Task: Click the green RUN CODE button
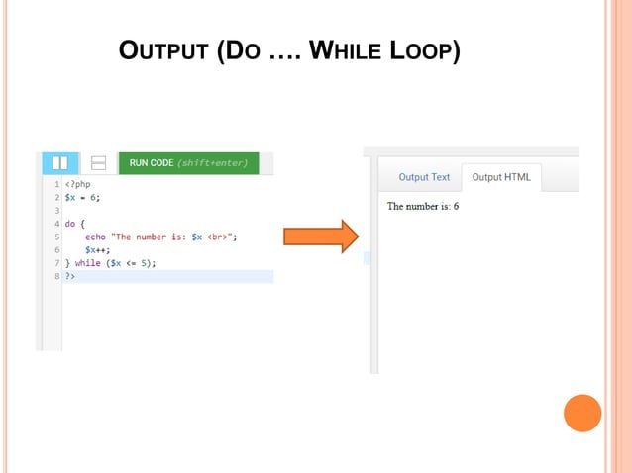[188, 162]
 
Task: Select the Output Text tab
[424, 177]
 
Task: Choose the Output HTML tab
[501, 177]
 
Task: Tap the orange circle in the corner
[582, 413]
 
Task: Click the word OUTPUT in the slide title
[163, 50]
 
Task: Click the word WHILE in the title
[347, 50]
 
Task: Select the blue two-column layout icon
[59, 163]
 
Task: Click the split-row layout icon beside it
[98, 163]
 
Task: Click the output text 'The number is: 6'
[423, 206]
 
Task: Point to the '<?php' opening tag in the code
[78, 184]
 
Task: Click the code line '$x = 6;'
[83, 197]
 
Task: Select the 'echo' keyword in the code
[95, 237]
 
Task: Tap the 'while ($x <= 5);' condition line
[111, 263]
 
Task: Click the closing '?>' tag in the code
[70, 276]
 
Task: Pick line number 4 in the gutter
[57, 224]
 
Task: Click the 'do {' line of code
[75, 224]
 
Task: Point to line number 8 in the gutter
[57, 276]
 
